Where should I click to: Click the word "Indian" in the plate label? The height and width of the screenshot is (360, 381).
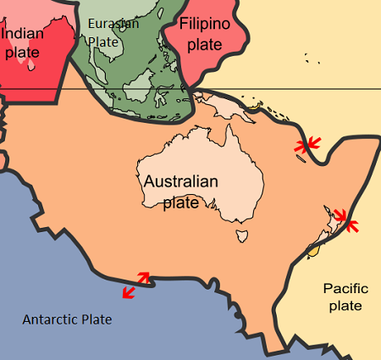tap(23, 34)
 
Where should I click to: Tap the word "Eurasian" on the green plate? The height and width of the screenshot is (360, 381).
tap(112, 24)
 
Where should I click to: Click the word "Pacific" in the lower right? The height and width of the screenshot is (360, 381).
tap(345, 289)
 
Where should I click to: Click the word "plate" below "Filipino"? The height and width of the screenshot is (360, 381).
tap(204, 44)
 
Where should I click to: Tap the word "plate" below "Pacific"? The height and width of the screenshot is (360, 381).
tap(345, 306)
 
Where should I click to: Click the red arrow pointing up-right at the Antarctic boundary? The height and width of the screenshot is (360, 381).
tap(143, 277)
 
